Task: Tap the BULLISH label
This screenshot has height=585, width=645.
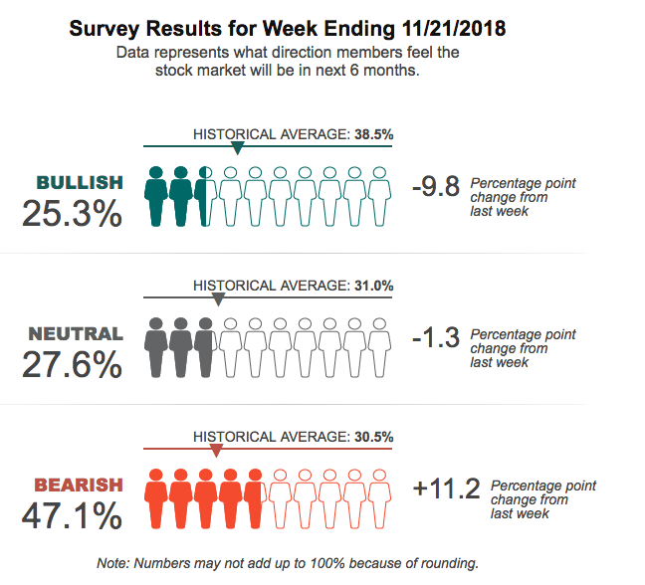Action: (x=80, y=182)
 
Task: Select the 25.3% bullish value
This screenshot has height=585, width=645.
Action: (x=72, y=213)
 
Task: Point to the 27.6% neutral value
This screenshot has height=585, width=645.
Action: (x=72, y=364)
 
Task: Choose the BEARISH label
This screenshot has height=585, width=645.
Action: (x=79, y=486)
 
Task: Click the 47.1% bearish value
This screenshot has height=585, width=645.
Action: (x=72, y=516)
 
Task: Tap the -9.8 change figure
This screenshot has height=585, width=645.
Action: (x=435, y=186)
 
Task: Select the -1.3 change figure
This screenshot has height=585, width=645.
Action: (x=435, y=337)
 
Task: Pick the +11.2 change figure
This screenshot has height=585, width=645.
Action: (x=446, y=488)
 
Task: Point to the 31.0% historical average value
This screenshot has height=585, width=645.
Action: (x=373, y=286)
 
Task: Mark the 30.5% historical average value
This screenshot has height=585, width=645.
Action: (x=373, y=437)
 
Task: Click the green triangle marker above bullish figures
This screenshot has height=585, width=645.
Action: (x=237, y=148)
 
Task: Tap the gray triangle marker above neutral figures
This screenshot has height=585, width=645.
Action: (x=219, y=298)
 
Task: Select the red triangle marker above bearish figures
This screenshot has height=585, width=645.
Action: (x=217, y=450)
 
